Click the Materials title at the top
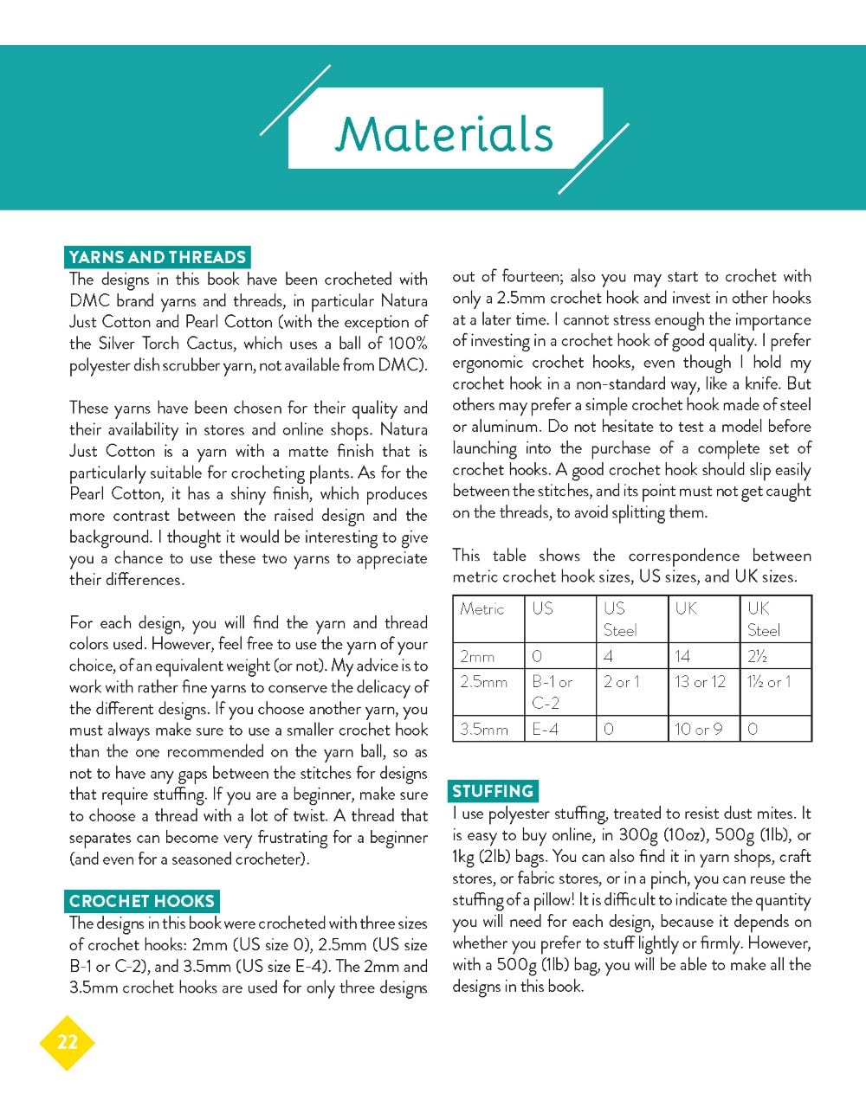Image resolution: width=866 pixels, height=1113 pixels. tap(444, 134)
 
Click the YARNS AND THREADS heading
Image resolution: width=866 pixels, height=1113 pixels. tap(157, 257)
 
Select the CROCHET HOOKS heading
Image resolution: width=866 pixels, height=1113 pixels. tap(141, 901)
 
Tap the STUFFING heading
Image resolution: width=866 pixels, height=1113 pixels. tap(493, 791)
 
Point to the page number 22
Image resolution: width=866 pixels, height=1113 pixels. tap(67, 1042)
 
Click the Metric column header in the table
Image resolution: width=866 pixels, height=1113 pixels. tap(482, 608)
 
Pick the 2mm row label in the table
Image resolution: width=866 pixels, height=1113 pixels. tap(477, 656)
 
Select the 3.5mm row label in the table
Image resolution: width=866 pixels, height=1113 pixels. tap(483, 729)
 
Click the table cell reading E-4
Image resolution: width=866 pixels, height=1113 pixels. tap(546, 729)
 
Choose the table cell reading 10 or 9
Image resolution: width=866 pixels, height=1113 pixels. tap(698, 729)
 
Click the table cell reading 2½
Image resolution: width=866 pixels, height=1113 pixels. tap(758, 656)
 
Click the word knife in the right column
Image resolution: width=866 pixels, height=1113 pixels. tap(764, 383)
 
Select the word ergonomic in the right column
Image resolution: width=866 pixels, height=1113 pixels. tap(488, 362)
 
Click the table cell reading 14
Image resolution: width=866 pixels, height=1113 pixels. tap(682, 656)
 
